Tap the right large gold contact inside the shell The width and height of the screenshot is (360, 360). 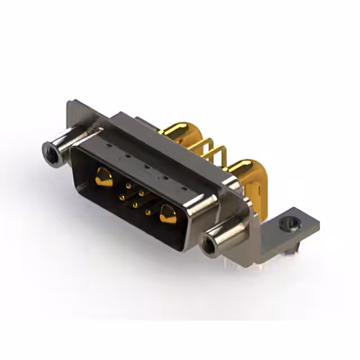point(167,214)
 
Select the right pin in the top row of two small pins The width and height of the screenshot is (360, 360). point(141,193)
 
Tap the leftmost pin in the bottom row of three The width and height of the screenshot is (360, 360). point(121,197)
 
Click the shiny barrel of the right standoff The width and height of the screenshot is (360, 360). point(228,236)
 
